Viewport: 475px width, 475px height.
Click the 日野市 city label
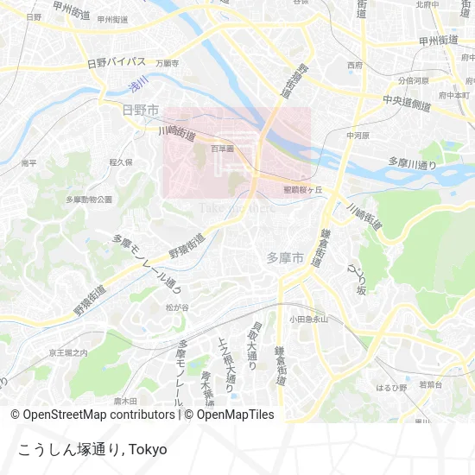click(140, 110)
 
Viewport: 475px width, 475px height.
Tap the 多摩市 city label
click(285, 257)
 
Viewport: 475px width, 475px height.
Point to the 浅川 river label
click(138, 84)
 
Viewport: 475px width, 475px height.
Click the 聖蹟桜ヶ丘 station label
click(302, 189)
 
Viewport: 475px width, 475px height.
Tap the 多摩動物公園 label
click(89, 199)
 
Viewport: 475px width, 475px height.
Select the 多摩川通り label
click(413, 162)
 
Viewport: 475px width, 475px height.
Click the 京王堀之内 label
click(68, 352)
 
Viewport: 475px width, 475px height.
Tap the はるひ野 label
click(390, 388)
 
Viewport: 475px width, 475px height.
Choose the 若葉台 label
click(431, 383)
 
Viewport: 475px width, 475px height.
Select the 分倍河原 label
click(414, 79)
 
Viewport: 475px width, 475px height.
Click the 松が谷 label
click(176, 307)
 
